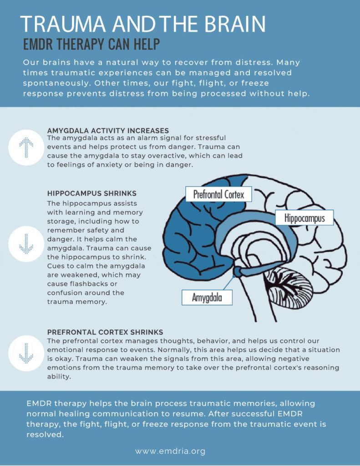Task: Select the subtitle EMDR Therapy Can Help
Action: (91, 44)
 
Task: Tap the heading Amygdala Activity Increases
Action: (108, 131)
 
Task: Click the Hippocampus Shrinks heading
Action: (92, 193)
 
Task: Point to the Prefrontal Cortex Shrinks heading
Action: (105, 332)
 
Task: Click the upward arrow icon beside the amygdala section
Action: (26, 147)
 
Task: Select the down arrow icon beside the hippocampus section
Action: (26, 244)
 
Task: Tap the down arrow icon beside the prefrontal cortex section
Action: (26, 353)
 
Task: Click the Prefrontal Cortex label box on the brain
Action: (219, 194)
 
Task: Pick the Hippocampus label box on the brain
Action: (304, 218)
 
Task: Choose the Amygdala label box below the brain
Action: (207, 297)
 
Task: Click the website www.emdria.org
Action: (170, 451)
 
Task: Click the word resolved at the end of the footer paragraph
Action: (45, 435)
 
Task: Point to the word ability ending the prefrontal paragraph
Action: (59, 377)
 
